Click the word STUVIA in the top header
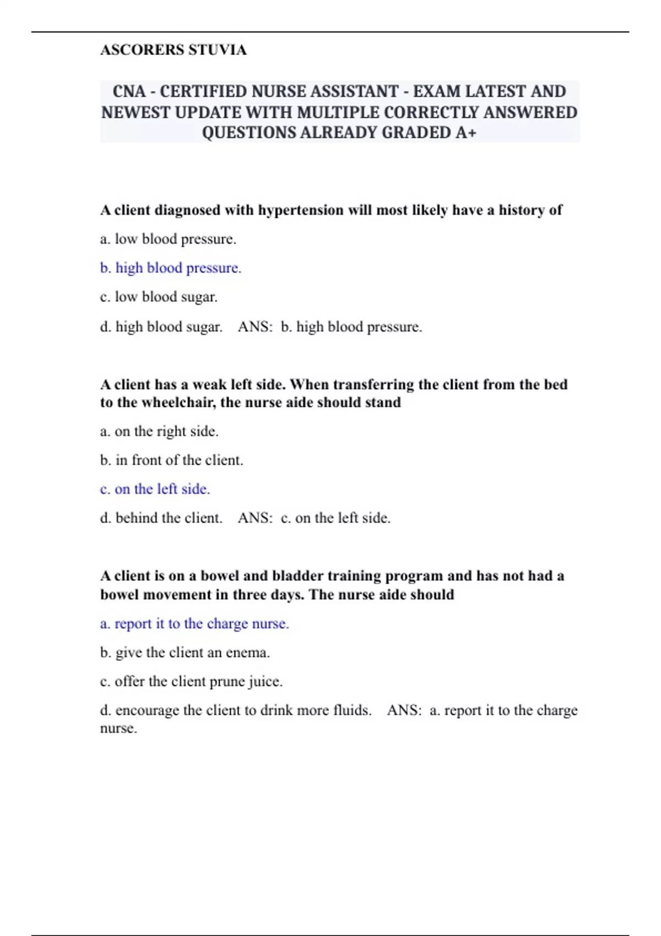[x=218, y=50]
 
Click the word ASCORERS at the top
[x=142, y=50]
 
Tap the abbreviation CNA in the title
[x=129, y=91]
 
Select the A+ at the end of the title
[x=465, y=133]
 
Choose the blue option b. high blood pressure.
[x=171, y=268]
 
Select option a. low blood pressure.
[x=168, y=240]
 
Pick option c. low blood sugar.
[x=159, y=297]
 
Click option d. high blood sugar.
[x=161, y=327]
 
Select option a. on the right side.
[x=159, y=432]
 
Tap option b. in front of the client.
[x=171, y=460]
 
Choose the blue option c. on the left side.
[x=155, y=489]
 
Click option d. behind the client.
[x=161, y=518]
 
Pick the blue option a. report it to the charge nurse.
[x=194, y=624]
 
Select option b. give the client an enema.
[x=185, y=653]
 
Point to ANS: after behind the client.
[x=255, y=518]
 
